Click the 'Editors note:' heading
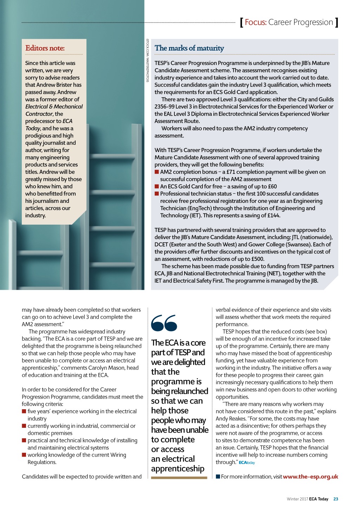click(x=45, y=48)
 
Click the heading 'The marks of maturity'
click(x=189, y=48)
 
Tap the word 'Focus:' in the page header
click(x=256, y=22)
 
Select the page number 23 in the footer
click(x=336, y=499)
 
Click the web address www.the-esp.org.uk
click(x=310, y=477)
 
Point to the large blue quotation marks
click(x=164, y=323)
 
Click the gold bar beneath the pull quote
click(x=179, y=478)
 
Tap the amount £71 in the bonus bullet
click(x=231, y=172)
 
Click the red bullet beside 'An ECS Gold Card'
click(x=157, y=187)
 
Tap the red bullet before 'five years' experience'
click(x=24, y=411)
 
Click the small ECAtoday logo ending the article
click(x=247, y=463)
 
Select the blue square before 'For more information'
click(x=218, y=477)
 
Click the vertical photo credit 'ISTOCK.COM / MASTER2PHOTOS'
click(x=148, y=60)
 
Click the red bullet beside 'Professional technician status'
click(x=157, y=194)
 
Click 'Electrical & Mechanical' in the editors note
click(x=54, y=107)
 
